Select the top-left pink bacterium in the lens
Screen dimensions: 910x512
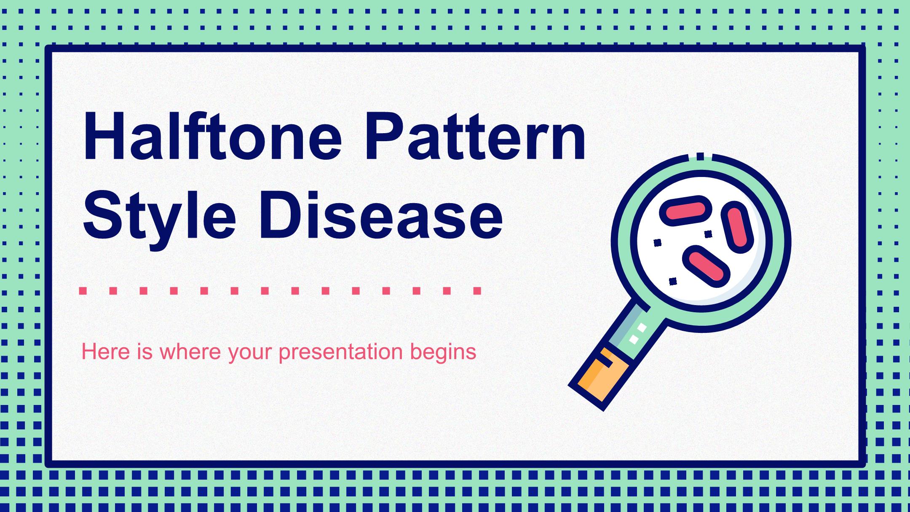coord(685,210)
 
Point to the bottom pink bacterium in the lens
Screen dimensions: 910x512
coord(706,266)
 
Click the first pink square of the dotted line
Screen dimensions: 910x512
coord(83,291)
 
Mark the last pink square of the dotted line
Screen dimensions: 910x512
coord(477,291)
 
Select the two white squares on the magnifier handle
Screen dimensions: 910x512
coord(637,334)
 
